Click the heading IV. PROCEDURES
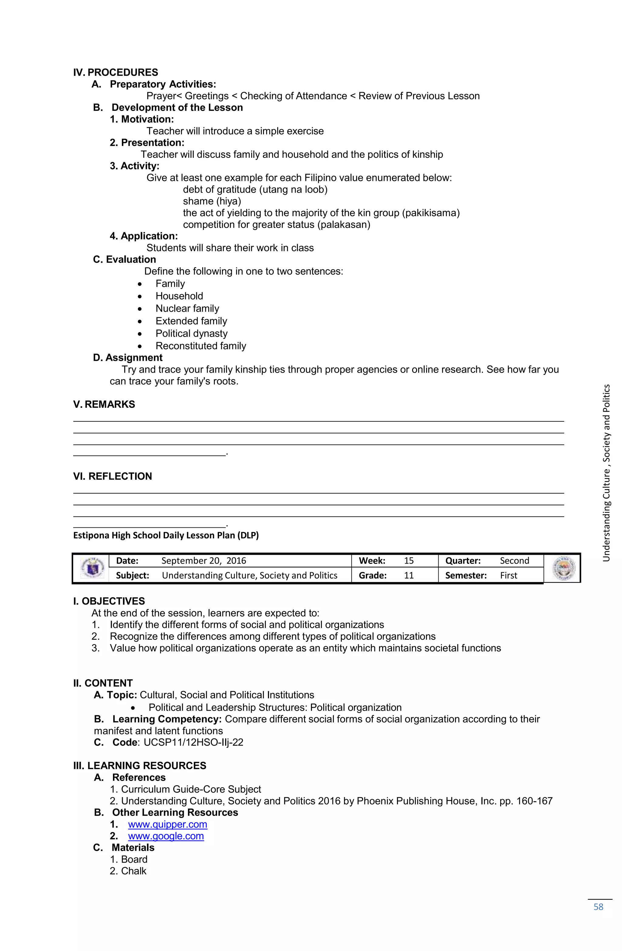[115, 72]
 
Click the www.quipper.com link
[167, 824]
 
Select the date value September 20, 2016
[203, 561]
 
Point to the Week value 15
[408, 561]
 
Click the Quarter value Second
[514, 561]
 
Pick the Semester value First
[508, 575]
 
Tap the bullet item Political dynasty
[191, 333]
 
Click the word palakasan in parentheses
[344, 225]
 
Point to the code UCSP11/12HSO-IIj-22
[193, 742]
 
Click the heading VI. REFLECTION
[112, 476]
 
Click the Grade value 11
[408, 575]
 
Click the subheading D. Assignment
[128, 358]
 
